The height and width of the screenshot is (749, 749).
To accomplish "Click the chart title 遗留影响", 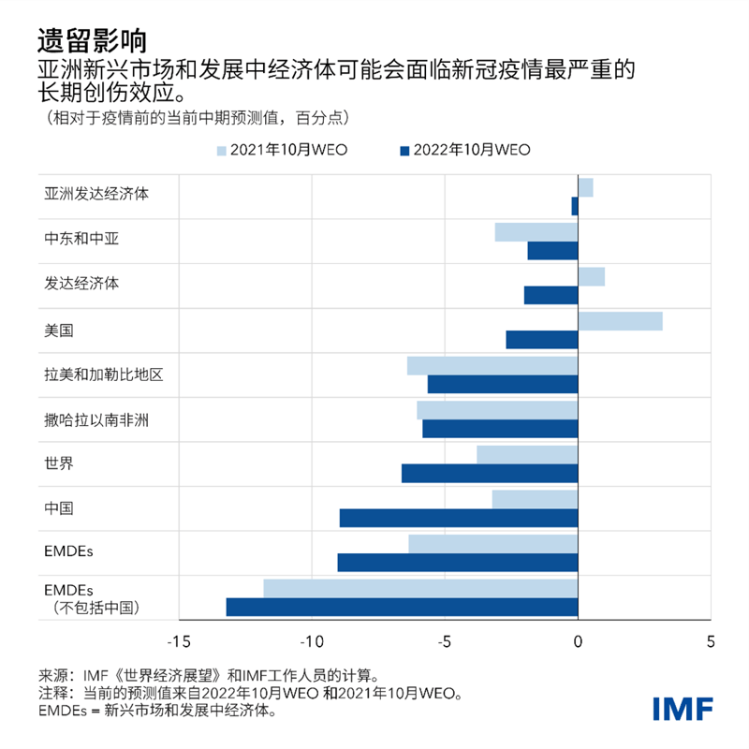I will tap(91, 39).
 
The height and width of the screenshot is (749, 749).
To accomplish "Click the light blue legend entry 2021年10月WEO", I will tap(282, 150).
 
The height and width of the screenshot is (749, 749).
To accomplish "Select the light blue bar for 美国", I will tap(620, 322).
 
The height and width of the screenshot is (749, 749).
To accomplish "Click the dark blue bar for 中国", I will tap(459, 518).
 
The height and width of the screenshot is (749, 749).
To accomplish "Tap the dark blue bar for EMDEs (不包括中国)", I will tap(402, 607).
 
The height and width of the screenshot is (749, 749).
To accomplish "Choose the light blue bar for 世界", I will tap(527, 455).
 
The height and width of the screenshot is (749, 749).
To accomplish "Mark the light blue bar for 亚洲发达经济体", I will tap(585, 188).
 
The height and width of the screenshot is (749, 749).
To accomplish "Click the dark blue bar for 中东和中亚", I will tap(552, 251).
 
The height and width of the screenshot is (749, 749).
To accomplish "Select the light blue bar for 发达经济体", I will tap(591, 277).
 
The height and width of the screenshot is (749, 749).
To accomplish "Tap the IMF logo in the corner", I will tap(683, 708).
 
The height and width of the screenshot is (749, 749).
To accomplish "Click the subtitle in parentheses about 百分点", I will tap(192, 119).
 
